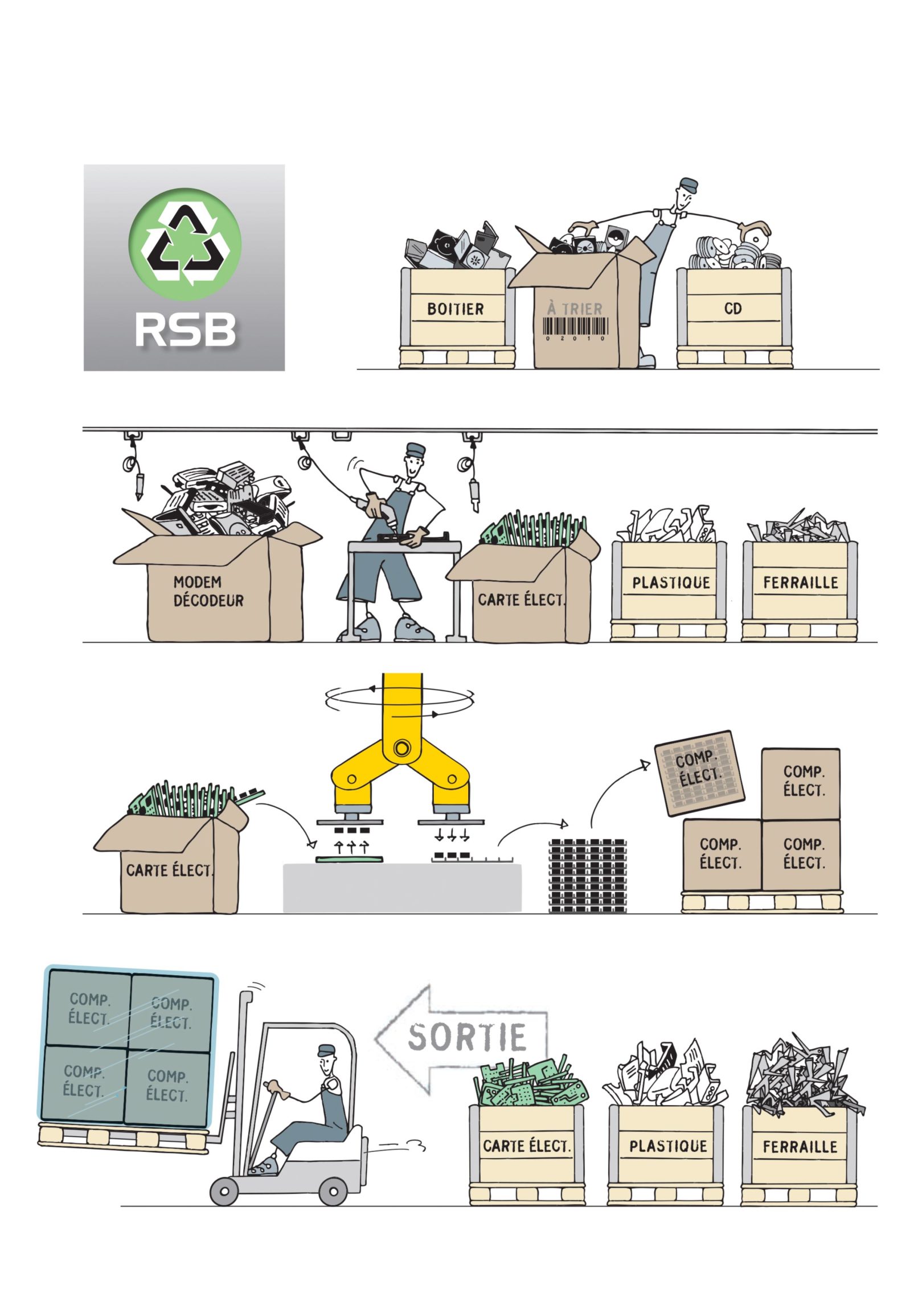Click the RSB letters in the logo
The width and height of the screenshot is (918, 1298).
(x=185, y=330)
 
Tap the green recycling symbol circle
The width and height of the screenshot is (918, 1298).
(x=185, y=245)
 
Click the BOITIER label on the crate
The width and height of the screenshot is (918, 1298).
(x=455, y=309)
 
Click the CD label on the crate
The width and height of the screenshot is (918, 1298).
(x=733, y=309)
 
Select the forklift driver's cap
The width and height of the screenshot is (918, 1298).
(x=326, y=1050)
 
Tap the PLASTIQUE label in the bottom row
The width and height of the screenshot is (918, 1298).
(x=668, y=1146)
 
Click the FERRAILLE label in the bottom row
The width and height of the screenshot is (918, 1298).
(x=800, y=1146)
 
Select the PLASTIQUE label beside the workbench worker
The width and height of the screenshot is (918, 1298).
(x=671, y=583)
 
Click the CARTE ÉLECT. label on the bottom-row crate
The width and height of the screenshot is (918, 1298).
(x=526, y=1146)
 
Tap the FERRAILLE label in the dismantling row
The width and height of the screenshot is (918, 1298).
(x=800, y=583)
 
